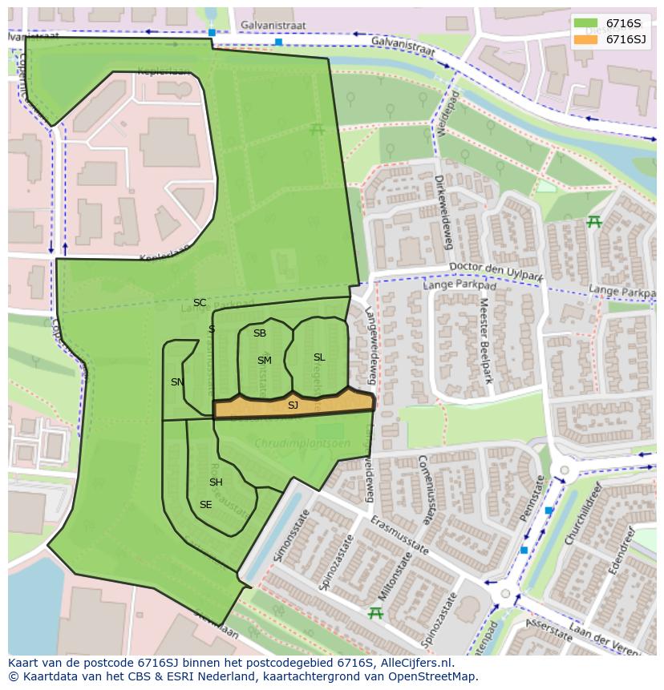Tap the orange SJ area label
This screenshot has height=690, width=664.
(293, 406)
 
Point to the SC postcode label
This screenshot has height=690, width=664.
(200, 303)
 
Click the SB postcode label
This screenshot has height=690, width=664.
(260, 333)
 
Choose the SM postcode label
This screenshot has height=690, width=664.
(265, 361)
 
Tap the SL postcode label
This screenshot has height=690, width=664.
(319, 357)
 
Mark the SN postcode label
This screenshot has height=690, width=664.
(177, 382)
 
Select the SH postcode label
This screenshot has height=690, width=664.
(216, 482)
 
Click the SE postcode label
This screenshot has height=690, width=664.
(206, 505)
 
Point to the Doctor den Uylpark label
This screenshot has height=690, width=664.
(496, 272)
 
